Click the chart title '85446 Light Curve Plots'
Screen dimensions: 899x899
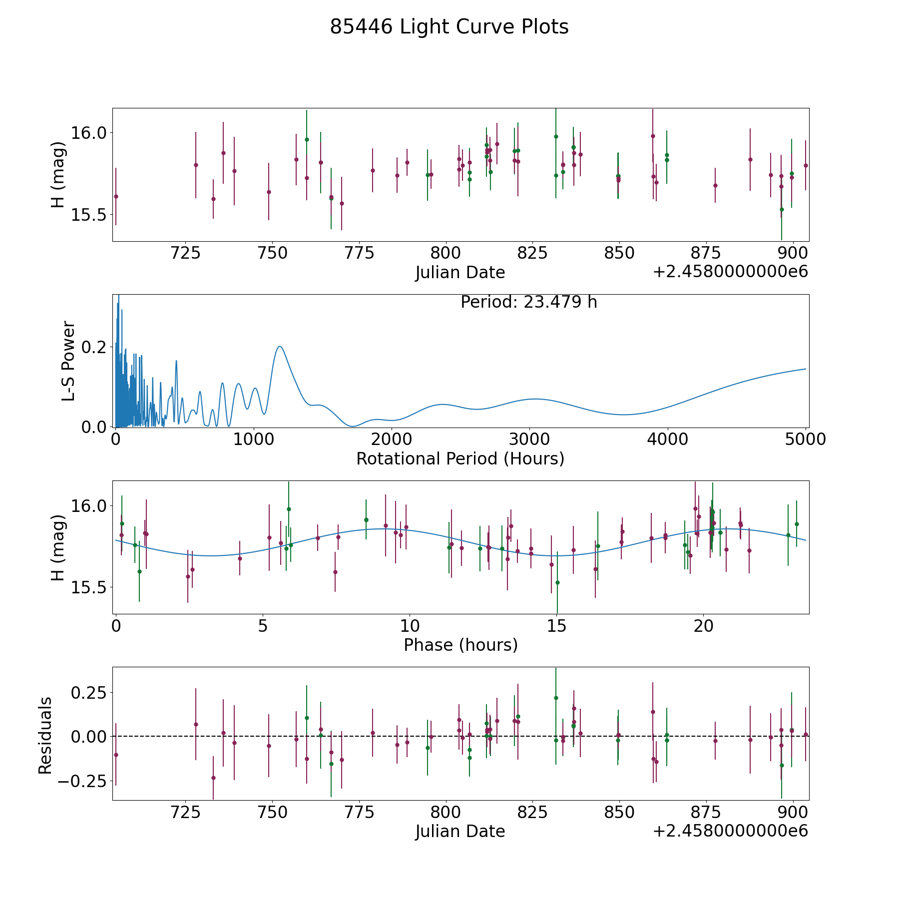click(x=449, y=27)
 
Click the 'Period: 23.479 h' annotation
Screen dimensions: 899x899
click(x=528, y=302)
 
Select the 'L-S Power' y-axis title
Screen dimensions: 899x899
click(x=68, y=361)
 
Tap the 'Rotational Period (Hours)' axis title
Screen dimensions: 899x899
click(x=460, y=458)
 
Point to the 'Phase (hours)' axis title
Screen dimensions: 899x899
click(x=460, y=645)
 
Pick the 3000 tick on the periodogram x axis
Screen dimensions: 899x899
click(x=529, y=440)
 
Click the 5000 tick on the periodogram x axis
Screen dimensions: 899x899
click(x=806, y=440)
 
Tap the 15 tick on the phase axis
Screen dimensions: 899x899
click(x=556, y=626)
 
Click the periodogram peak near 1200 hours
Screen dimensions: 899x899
click(x=280, y=346)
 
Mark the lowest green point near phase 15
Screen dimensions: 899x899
click(x=557, y=582)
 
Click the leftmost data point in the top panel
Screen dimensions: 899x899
click(x=116, y=196)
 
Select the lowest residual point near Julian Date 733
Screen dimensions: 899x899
click(x=213, y=778)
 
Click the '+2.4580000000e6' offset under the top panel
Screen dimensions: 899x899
click(x=730, y=272)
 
